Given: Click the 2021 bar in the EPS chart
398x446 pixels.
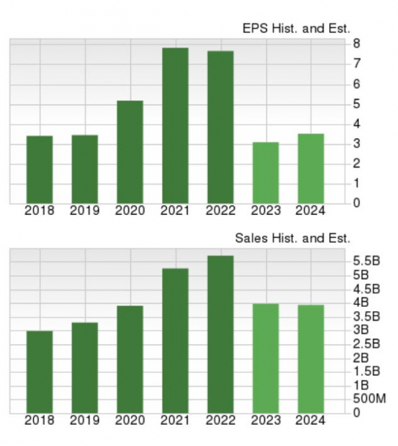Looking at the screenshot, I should tap(175, 126).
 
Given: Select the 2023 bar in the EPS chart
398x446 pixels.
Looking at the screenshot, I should tap(265, 173).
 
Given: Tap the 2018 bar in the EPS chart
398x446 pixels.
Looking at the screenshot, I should tap(39, 169).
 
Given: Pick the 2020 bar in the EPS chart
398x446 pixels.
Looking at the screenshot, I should tap(130, 152).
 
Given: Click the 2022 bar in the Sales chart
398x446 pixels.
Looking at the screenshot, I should tap(220, 334).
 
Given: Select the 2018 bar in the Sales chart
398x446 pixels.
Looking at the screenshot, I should tap(39, 372).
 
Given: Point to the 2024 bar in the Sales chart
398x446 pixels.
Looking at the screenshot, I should tap(311, 359).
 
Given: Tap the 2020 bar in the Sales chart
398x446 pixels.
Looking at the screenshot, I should tap(130, 359).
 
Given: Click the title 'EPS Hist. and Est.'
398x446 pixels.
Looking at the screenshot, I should tap(296, 29).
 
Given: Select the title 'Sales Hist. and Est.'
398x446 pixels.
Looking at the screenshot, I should tap(293, 239).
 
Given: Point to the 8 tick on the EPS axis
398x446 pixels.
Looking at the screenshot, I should tap(355, 44).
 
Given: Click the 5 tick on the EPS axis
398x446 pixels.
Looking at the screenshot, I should tap(355, 104).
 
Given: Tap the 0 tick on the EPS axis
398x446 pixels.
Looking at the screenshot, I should tap(355, 203).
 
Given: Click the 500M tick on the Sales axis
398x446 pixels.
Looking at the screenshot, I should tap(369, 399).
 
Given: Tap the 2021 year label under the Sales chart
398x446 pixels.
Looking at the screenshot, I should tap(175, 420).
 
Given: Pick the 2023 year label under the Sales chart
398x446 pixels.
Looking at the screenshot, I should tap(265, 420).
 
